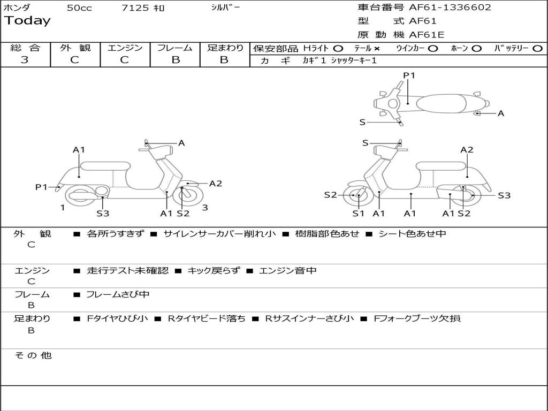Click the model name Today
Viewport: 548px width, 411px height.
(27, 21)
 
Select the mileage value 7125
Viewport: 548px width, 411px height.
(135, 8)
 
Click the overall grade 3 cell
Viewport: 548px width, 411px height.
(25, 60)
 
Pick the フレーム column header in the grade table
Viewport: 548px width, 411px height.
(175, 48)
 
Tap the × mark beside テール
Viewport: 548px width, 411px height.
(377, 48)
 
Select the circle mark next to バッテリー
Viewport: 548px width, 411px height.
(537, 48)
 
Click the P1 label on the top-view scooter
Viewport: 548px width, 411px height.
(409, 75)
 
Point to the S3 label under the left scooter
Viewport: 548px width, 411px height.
(103, 214)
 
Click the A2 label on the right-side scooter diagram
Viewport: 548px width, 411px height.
(467, 150)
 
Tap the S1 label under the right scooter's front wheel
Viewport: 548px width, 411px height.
(358, 214)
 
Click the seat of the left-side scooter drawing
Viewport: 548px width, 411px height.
(105, 166)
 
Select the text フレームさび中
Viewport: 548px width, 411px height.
(118, 294)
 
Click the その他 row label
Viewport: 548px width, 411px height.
(33, 355)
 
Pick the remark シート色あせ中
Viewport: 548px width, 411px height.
(412, 234)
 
